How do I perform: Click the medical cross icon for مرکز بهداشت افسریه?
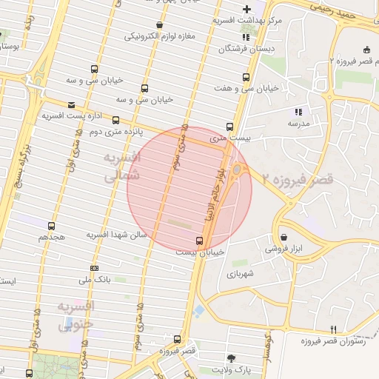pos(246,8)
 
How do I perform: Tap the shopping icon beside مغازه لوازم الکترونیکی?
pos(159,25)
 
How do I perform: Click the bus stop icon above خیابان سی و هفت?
pos(246,76)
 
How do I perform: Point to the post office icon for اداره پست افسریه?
pos(71,105)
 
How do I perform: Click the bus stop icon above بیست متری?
pos(229,127)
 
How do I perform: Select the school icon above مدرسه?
pos(298,112)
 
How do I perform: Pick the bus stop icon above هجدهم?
pos(51,226)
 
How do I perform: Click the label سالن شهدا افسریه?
pos(118,235)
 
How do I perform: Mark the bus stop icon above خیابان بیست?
pos(198,241)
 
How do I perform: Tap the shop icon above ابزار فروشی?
pos(285,238)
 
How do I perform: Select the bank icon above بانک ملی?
pos(94,268)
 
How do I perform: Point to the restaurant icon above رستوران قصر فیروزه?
pos(333,329)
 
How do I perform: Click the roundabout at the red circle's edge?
pos(237,172)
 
